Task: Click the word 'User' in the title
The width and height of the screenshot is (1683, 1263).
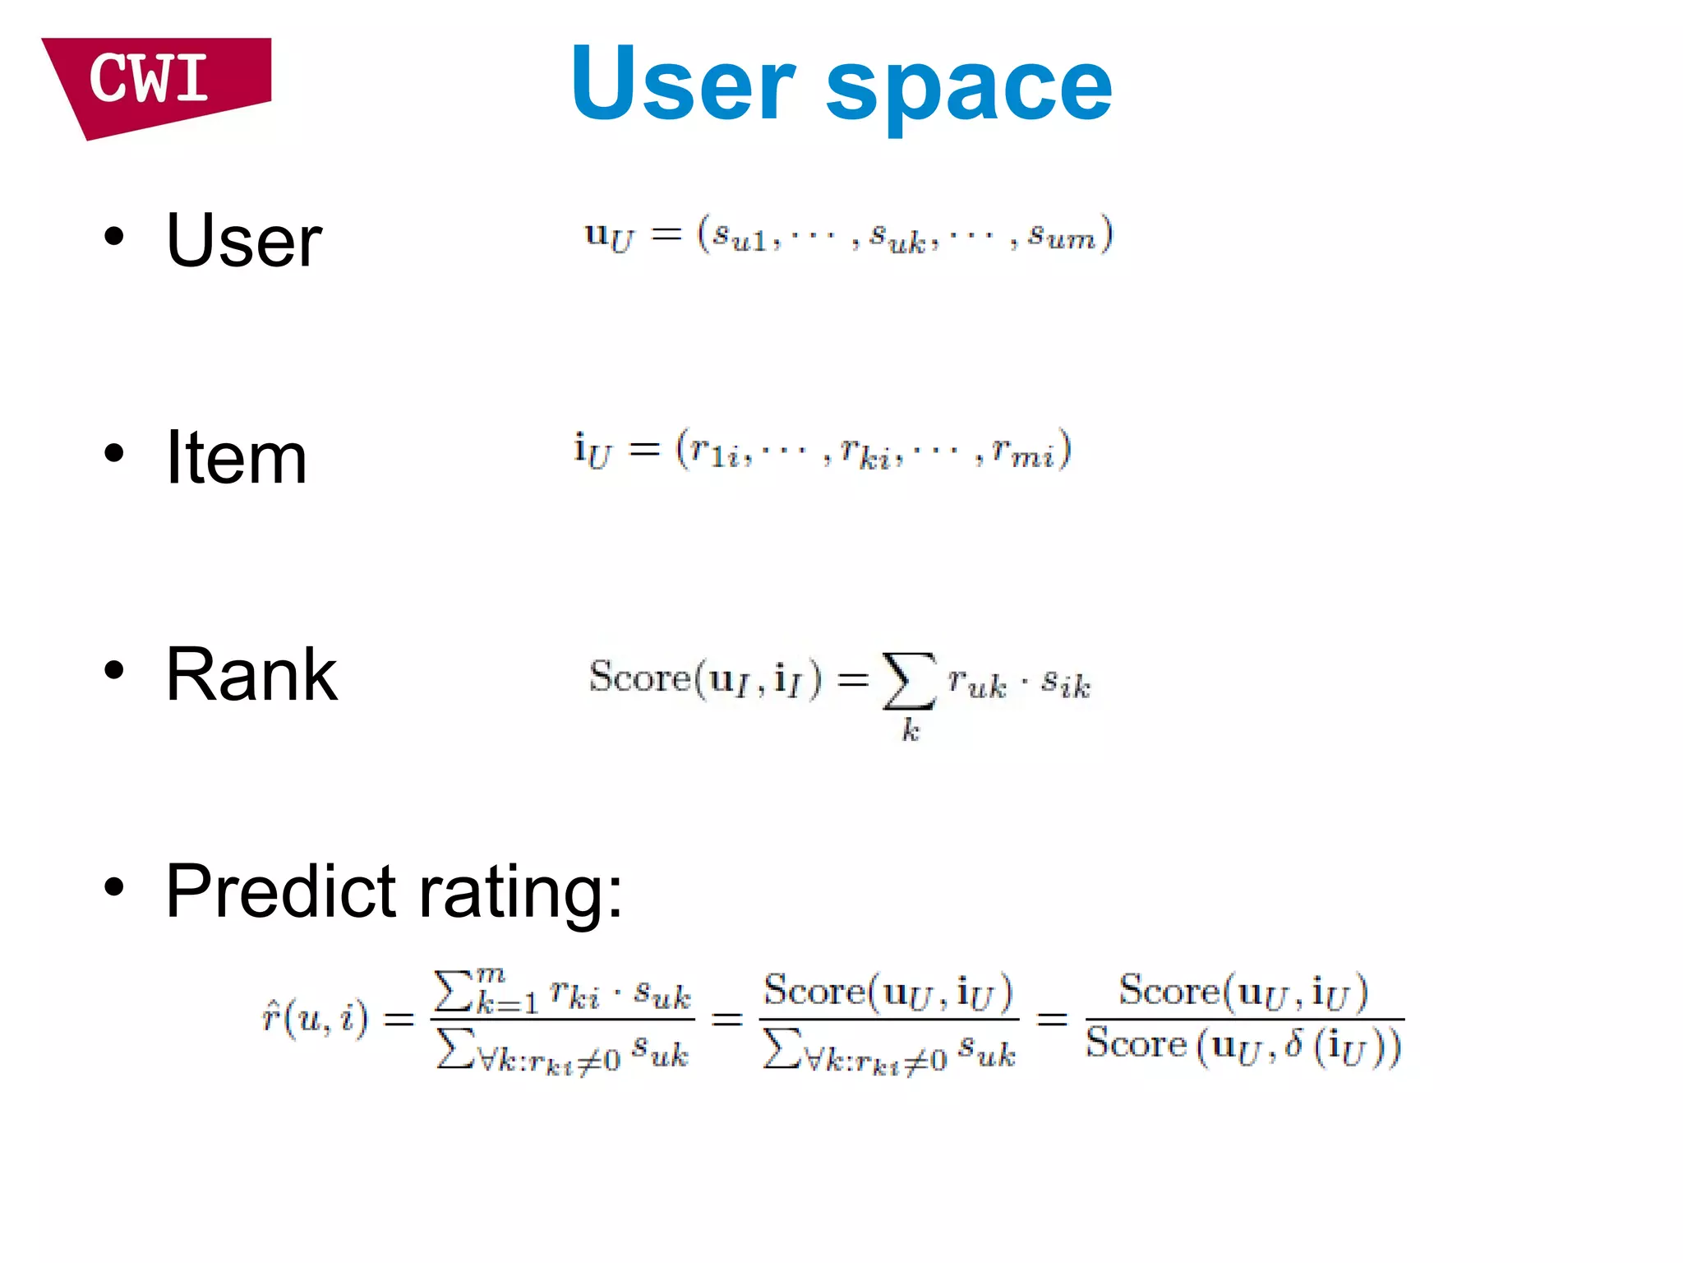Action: [x=683, y=84]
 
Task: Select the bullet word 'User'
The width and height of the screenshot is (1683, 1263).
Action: [x=244, y=240]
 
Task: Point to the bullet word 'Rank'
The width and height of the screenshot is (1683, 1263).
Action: [x=251, y=674]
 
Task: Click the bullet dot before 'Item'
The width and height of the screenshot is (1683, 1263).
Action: [x=114, y=453]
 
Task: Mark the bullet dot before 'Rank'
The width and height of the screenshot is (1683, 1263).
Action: [x=114, y=670]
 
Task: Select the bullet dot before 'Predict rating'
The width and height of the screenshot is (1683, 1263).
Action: [x=114, y=887]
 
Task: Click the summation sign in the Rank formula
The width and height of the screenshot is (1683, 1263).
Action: [x=908, y=681]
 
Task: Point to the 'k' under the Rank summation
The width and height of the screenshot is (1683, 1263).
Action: [x=911, y=729]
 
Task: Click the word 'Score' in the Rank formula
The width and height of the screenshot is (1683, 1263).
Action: [x=640, y=678]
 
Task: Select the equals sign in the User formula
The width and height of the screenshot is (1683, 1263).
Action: [x=666, y=235]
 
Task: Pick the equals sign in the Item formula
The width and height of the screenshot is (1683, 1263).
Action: [x=643, y=450]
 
